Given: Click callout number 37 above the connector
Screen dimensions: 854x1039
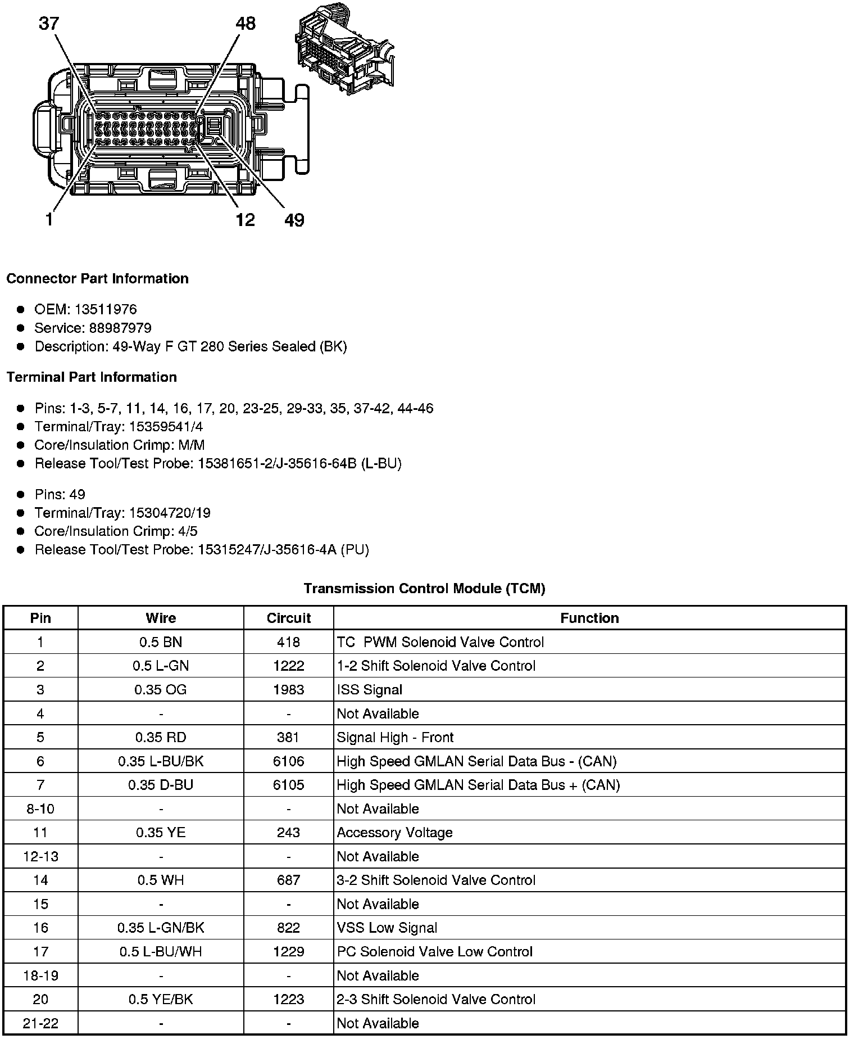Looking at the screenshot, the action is tap(49, 24).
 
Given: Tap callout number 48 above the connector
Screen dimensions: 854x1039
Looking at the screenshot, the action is tap(245, 24).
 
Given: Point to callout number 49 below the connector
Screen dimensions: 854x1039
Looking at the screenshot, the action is tap(294, 220).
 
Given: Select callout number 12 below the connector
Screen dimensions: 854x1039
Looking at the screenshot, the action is tap(245, 220).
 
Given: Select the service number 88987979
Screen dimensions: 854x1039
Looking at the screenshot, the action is tap(120, 328).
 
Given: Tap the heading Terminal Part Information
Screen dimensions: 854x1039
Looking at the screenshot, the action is tap(92, 377).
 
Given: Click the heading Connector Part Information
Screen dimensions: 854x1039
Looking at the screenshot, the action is tap(97, 279).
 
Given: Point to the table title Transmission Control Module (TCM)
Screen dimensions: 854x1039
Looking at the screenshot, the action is tap(424, 589).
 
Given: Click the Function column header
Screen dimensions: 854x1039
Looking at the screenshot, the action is tap(589, 618).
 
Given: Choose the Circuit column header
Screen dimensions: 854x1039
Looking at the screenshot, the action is tap(288, 618).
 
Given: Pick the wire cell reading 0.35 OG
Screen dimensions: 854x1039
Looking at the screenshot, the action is tap(161, 690).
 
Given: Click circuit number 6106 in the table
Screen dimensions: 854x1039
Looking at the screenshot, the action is tap(288, 761).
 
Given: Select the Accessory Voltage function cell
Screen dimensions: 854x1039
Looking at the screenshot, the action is tap(394, 833).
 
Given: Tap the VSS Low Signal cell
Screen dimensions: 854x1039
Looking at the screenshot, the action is tap(387, 928).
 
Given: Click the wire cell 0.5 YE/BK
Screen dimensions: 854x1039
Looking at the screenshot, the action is tap(161, 1000).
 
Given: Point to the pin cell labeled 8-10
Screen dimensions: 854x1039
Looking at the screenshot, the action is tap(40, 809).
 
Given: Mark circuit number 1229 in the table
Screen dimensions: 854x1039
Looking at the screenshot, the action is tap(288, 952).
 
